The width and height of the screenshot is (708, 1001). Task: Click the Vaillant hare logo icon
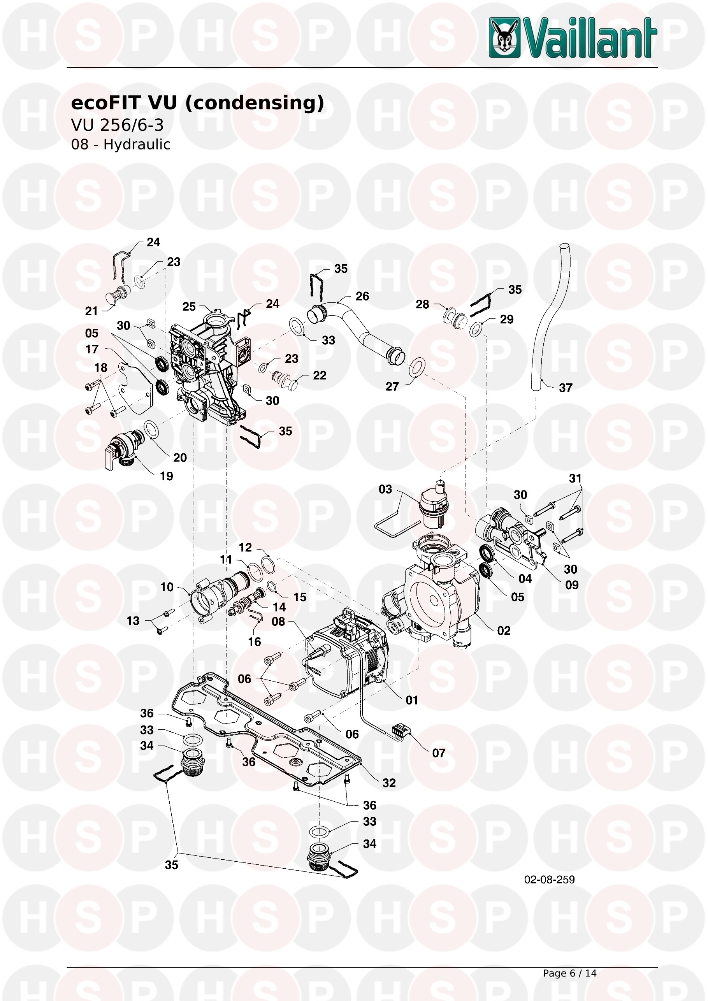[x=504, y=37]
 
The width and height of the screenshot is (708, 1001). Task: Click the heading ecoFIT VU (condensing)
[x=197, y=103]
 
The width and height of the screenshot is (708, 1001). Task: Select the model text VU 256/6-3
[x=117, y=125]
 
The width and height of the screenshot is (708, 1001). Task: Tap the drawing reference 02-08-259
[x=549, y=879]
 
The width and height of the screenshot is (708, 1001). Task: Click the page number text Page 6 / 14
[x=569, y=973]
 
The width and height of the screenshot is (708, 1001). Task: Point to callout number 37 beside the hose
[x=566, y=388]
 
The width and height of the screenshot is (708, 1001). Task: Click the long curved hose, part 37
[x=550, y=318]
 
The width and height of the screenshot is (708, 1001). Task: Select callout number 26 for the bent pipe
[x=362, y=297]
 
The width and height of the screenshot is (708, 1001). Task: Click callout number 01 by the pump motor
[x=411, y=700]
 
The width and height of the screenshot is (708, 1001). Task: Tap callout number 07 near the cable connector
[x=439, y=753]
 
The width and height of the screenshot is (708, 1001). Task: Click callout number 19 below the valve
[x=167, y=476]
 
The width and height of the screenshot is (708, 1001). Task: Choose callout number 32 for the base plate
[x=389, y=783]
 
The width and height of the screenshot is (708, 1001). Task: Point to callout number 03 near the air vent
[x=385, y=489]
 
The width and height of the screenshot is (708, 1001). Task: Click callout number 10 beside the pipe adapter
[x=167, y=587]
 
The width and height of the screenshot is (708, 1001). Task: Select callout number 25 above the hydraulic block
[x=189, y=307]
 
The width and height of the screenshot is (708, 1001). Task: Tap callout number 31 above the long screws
[x=575, y=478]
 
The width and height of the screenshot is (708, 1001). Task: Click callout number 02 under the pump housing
[x=504, y=630]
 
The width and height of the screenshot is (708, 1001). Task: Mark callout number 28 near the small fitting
[x=422, y=304]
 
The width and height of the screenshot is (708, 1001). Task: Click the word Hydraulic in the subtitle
[x=137, y=144]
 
